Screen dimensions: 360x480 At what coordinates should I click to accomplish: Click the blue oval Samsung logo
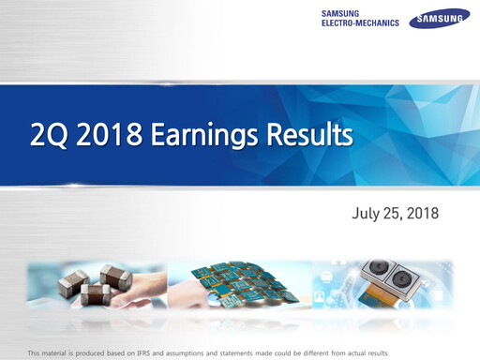click(440, 18)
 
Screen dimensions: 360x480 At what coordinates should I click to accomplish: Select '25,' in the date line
click(397, 214)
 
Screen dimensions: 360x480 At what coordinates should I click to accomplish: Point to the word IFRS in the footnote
click(150, 352)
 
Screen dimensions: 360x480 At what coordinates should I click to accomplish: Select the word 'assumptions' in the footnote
click(201, 352)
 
